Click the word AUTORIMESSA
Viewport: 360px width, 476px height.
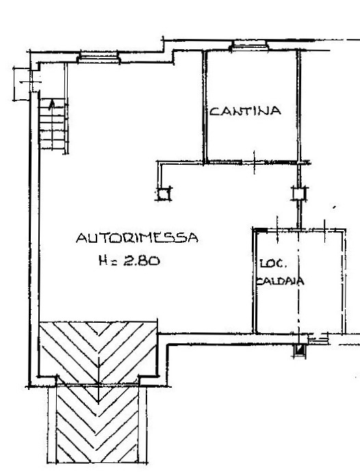point(137,237)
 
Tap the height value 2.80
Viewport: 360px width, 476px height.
point(141,261)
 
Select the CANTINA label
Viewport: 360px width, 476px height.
point(245,111)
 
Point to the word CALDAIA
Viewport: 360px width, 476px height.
point(280,280)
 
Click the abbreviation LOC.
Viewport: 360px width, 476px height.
point(273,263)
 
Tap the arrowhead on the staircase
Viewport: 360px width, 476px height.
point(52,103)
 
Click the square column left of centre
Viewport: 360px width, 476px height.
point(164,194)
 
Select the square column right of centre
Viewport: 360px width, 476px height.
point(300,194)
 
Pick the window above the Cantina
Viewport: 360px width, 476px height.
point(249,45)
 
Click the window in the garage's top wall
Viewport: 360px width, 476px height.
point(99,57)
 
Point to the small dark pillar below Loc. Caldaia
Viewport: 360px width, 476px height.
point(300,350)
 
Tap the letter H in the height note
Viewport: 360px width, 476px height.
point(103,261)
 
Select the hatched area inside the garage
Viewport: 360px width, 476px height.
point(98,352)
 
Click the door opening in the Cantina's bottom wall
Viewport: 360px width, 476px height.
point(255,163)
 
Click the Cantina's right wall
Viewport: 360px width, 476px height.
point(298,107)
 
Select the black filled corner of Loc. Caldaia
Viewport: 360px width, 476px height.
point(261,230)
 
